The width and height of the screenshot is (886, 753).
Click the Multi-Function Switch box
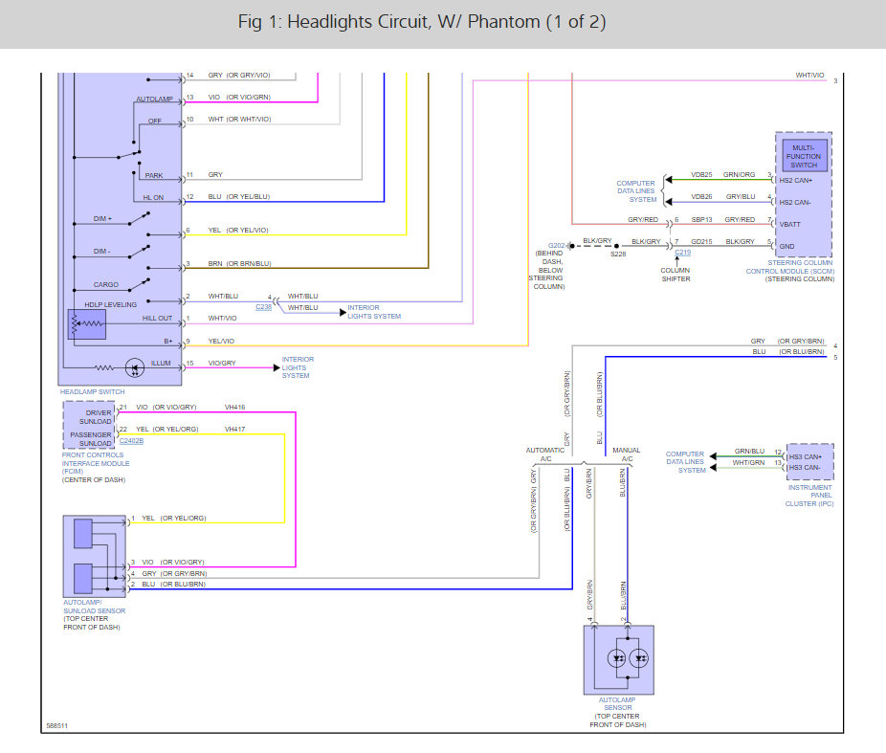coord(804,156)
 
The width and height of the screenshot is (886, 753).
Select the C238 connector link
coord(263,307)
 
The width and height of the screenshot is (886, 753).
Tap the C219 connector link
coord(682,253)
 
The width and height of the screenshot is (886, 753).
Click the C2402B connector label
coord(131,441)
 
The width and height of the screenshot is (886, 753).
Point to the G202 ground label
coord(556,245)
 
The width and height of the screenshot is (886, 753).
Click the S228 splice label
coord(618,255)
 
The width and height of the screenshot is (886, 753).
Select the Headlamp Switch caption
coord(92,391)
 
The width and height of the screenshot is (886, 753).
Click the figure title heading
coord(422,22)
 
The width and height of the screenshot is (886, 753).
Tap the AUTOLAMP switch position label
coord(154,99)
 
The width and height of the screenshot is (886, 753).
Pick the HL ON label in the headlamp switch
coord(153,198)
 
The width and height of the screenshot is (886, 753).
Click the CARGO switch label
coord(105,285)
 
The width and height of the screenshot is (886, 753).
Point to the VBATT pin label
coord(790,224)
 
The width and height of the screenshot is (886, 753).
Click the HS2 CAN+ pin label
coord(796,180)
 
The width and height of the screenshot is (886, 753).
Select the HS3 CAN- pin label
coord(805,467)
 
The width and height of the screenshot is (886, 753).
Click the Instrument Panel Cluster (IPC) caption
coord(809,496)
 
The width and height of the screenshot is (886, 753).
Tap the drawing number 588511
coord(57,726)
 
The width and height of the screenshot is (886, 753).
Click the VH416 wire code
coord(235,408)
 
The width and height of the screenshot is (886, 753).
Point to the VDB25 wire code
coord(701,174)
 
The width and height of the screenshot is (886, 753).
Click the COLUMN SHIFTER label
coord(676,275)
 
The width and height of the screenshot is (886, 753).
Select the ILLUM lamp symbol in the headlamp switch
coord(135,367)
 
